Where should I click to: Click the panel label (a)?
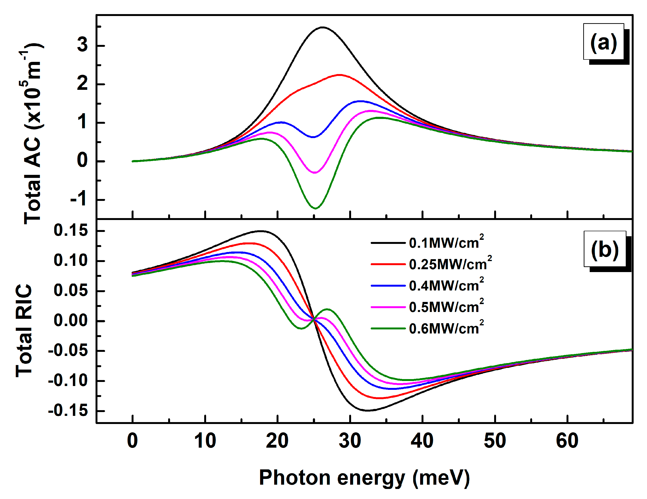(x=604, y=42)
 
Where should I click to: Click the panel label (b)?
(x=605, y=249)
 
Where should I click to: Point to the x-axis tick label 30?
(x=350, y=441)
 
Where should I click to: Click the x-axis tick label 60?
(x=567, y=441)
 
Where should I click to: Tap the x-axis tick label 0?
(x=132, y=441)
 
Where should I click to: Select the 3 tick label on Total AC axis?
(x=82, y=45)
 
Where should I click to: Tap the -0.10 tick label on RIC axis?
(x=68, y=381)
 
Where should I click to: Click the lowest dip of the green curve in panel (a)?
(x=315, y=208)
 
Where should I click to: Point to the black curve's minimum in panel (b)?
(x=367, y=410)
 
